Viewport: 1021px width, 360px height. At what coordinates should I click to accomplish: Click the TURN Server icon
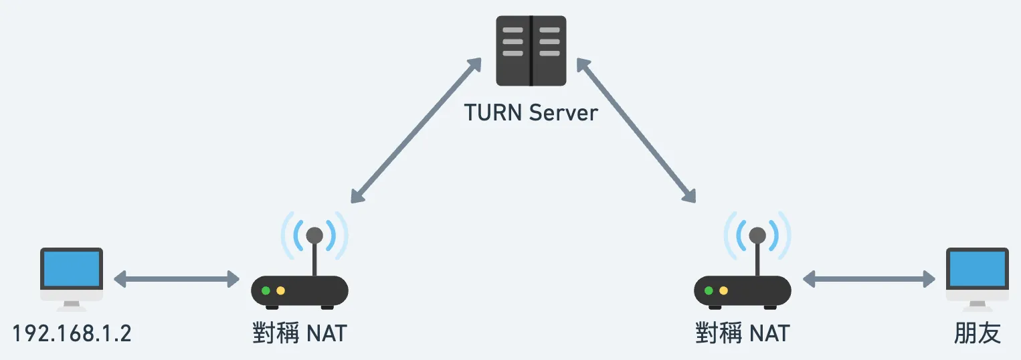tap(531, 51)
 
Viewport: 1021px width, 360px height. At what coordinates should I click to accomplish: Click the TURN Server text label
tap(531, 112)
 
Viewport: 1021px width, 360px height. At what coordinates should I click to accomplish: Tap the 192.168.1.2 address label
tap(72, 333)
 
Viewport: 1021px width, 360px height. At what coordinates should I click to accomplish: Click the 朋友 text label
tap(978, 333)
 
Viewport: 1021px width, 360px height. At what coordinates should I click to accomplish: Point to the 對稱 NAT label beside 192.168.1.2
tap(299, 333)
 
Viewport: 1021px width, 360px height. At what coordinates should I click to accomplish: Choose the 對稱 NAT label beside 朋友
tap(742, 333)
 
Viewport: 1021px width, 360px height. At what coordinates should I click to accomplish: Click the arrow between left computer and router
tap(177, 279)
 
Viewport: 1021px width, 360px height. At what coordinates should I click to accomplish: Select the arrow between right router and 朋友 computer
tap(868, 279)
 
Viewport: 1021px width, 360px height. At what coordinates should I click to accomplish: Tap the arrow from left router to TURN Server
tap(416, 130)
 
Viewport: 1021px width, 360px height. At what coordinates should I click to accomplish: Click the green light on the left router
tap(266, 290)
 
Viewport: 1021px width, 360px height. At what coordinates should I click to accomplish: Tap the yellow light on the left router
tap(280, 290)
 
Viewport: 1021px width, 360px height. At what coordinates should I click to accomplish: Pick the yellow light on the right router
tap(723, 290)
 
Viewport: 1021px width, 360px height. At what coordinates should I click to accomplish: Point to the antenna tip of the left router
tap(314, 236)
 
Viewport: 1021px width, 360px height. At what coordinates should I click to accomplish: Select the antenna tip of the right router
tap(757, 236)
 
